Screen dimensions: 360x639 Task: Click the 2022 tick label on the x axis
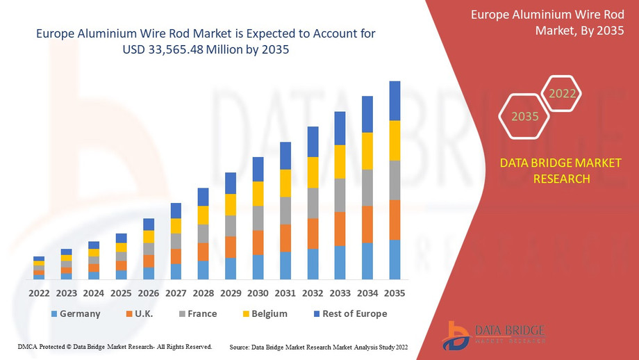[x=39, y=293]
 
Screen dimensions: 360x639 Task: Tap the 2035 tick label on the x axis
[x=395, y=293]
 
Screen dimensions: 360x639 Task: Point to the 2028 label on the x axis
[x=203, y=293]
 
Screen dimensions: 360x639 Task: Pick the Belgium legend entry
[x=264, y=313]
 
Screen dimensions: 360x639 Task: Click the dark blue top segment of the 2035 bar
[x=395, y=101]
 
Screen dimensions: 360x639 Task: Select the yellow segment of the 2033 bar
[x=340, y=161]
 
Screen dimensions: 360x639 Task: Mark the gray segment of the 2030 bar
[x=258, y=218]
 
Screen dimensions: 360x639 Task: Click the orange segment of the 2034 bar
[x=367, y=224]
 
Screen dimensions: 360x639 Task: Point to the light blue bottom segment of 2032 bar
[x=313, y=264]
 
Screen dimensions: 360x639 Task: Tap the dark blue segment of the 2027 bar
[x=176, y=211]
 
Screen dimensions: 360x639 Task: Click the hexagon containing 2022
[x=562, y=94]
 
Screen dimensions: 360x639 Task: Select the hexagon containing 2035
[x=525, y=116]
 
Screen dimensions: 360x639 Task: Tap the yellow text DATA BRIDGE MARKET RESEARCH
[x=561, y=170]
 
